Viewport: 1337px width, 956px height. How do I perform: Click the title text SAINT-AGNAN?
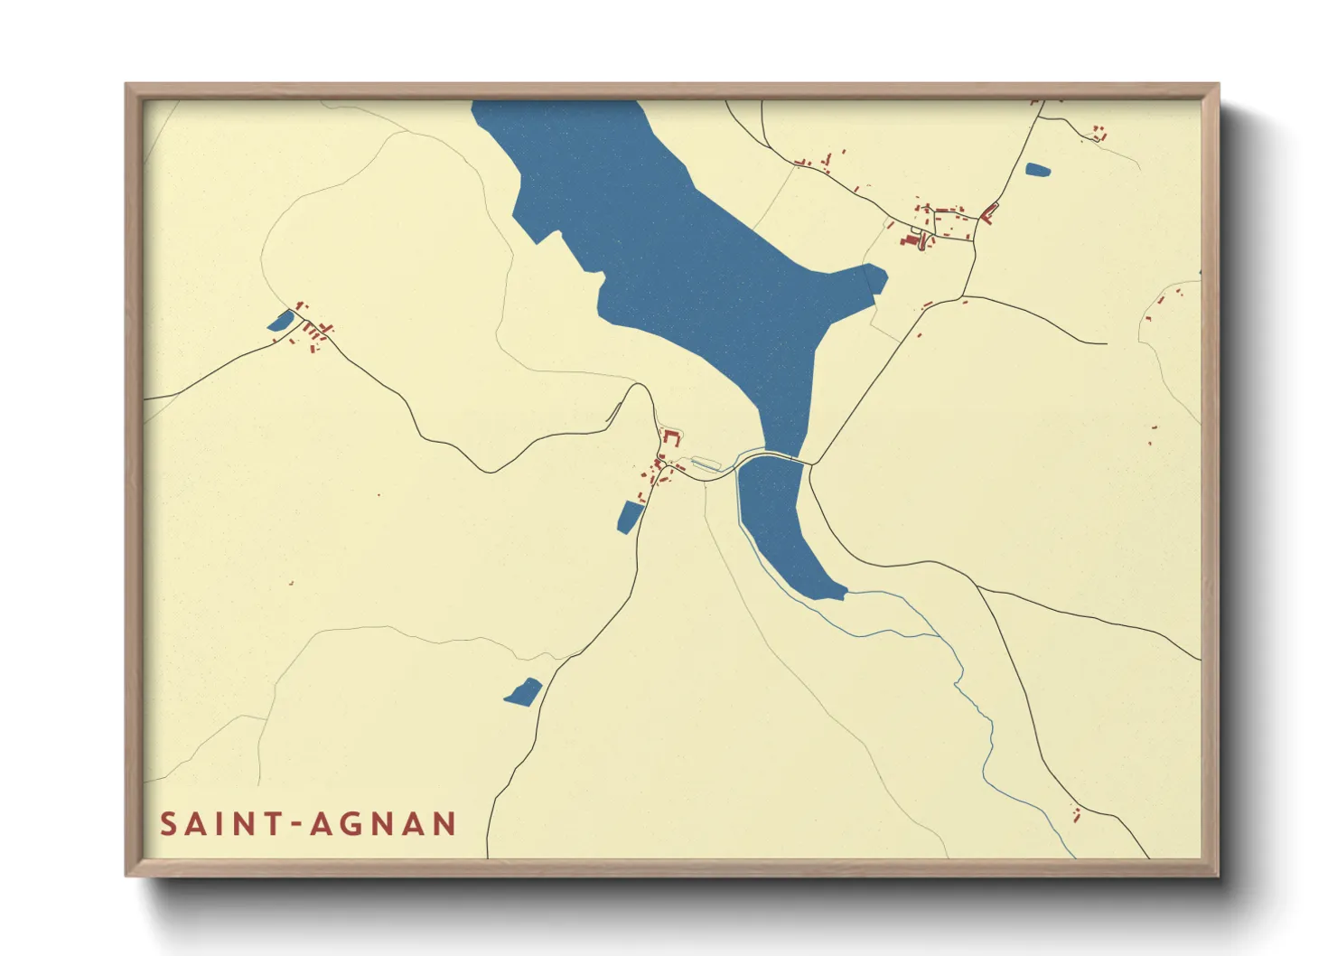308,824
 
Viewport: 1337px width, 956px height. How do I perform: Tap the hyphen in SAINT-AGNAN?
293,824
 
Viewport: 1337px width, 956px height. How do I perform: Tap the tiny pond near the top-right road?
1038,169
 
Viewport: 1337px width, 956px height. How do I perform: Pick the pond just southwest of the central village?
629,516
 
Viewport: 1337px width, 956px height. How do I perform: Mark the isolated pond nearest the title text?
523,692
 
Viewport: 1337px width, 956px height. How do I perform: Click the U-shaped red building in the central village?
670,438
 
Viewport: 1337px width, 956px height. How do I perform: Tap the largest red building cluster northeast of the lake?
930,226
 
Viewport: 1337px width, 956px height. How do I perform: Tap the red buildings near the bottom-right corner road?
1076,813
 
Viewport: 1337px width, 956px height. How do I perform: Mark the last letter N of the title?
444,824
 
